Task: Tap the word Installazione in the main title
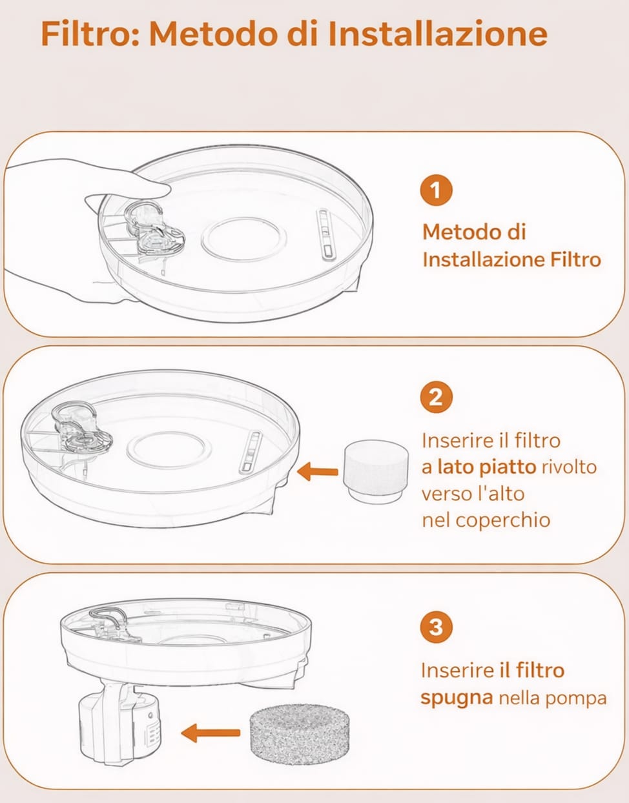tap(437, 34)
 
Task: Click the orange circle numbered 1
tap(436, 190)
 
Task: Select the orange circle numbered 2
tap(436, 396)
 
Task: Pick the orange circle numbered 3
tap(436, 627)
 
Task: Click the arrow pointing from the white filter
tap(318, 472)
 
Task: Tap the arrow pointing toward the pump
tap(211, 733)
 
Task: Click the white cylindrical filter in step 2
tap(375, 471)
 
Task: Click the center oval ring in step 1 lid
tap(243, 238)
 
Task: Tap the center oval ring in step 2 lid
tap(166, 449)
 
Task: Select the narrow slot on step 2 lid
tap(251, 452)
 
